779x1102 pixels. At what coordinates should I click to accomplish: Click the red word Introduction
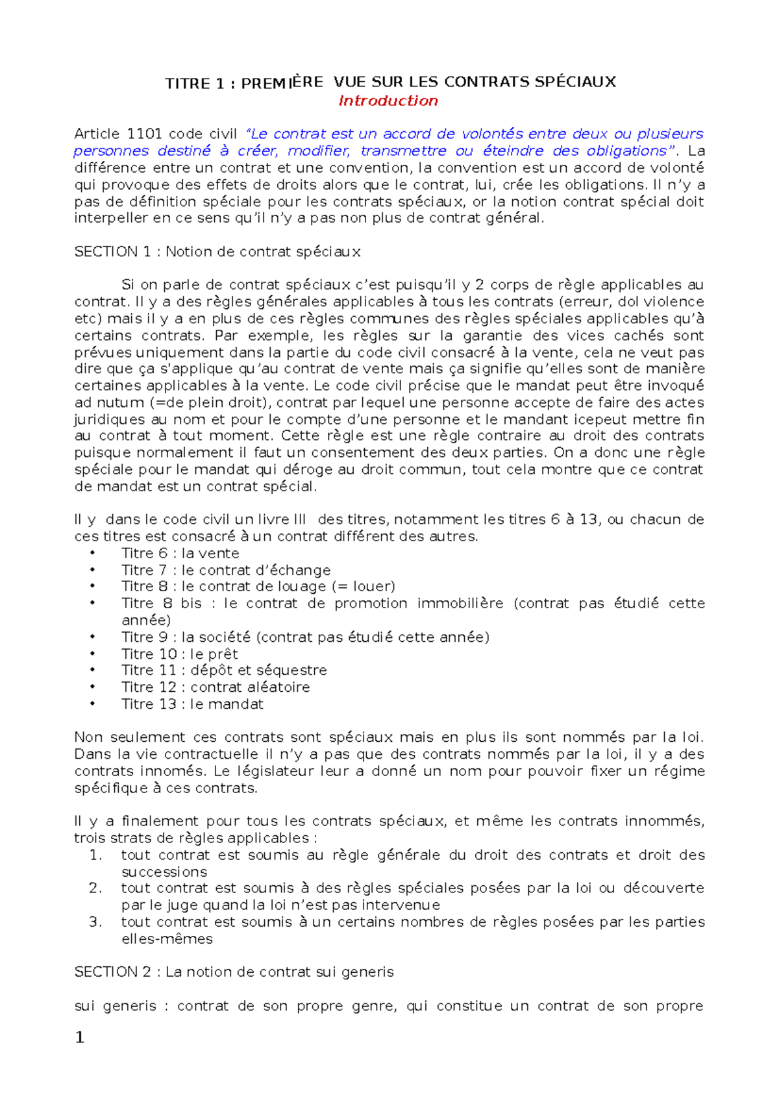[x=388, y=101]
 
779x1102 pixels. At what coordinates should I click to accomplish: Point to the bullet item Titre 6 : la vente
[x=180, y=554]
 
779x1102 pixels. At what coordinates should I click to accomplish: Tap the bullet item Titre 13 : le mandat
[x=192, y=704]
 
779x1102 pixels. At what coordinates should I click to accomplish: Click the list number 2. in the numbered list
[x=95, y=888]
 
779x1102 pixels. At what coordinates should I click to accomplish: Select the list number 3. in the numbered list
[x=95, y=922]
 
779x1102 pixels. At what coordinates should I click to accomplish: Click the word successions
[x=164, y=872]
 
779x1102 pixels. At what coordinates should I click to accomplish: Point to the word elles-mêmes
[x=167, y=939]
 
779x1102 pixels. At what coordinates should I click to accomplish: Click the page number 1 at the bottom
[x=80, y=1038]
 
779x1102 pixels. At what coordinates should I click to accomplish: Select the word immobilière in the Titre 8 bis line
[x=460, y=604]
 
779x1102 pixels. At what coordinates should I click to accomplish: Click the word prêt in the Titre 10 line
[x=223, y=654]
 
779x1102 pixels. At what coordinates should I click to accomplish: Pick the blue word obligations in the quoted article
[x=626, y=151]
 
